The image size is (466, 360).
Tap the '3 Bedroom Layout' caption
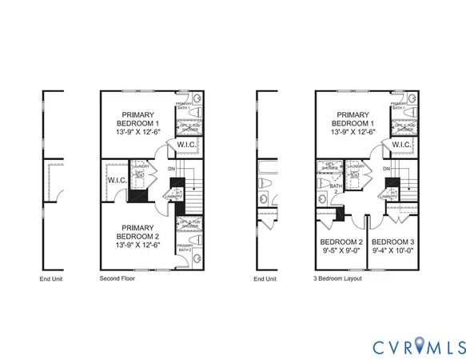coord(338,279)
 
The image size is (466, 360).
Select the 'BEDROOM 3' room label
coord(393,242)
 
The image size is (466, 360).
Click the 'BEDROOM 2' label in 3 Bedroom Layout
coord(341,242)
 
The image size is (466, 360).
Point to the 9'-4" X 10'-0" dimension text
coord(393,250)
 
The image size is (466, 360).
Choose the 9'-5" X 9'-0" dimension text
coord(341,250)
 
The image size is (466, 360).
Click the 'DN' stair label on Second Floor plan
coord(172,169)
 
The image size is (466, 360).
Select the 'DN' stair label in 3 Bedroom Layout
coord(386,169)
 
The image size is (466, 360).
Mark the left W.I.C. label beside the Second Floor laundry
coord(117,181)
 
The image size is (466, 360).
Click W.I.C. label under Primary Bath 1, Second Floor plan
coord(187,145)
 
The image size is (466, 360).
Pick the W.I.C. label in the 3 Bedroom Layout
coord(401,145)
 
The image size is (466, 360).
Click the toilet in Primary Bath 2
coord(196,246)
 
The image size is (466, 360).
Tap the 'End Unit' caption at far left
coord(51,279)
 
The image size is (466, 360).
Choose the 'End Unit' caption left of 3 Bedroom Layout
coord(265,279)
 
